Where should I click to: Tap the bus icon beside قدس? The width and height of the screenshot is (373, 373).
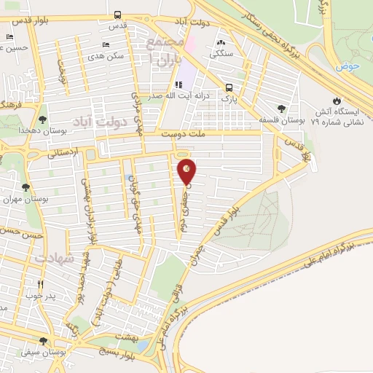[x=118, y=14]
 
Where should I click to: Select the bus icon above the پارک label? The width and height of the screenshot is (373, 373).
[x=229, y=85]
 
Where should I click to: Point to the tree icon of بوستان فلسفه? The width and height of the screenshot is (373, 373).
[x=281, y=109]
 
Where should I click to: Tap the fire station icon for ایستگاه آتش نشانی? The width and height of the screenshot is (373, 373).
[x=336, y=101]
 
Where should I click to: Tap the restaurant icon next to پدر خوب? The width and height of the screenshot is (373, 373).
[x=41, y=285]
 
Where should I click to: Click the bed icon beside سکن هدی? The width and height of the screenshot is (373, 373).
[x=107, y=44]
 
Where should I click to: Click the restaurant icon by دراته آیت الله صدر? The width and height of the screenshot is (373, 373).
[x=178, y=85]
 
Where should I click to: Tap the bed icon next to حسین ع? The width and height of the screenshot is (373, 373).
[x=9, y=37]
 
